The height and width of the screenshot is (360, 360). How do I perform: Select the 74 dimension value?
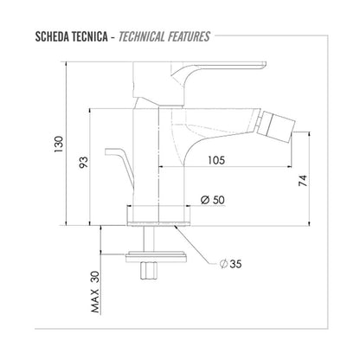[300, 181]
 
